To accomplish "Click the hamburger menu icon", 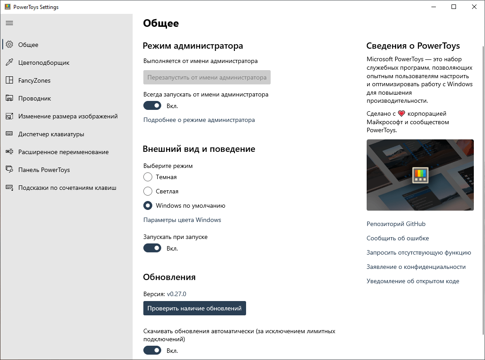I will pos(9,23).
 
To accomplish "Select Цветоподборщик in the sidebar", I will pos(44,63).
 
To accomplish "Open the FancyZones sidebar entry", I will pos(34,80).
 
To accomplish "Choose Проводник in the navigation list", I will pos(34,98).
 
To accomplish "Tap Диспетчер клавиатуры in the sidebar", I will pos(51,134).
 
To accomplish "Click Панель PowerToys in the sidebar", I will pos(44,170).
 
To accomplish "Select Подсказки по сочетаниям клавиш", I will pos(67,188).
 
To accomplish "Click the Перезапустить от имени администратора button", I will pos(207,77).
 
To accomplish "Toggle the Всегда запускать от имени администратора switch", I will pos(152,106).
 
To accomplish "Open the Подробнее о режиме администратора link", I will pos(199,120).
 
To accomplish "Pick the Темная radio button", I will pos(148,177).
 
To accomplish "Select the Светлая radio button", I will pos(148,191).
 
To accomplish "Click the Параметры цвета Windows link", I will pos(182,220).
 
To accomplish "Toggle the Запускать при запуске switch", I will pos(152,248).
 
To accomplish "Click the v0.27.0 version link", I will pos(176,294).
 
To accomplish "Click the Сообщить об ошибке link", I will pos(397,238).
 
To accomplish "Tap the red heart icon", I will pos(401,113).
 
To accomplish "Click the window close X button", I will pos(474,7).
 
